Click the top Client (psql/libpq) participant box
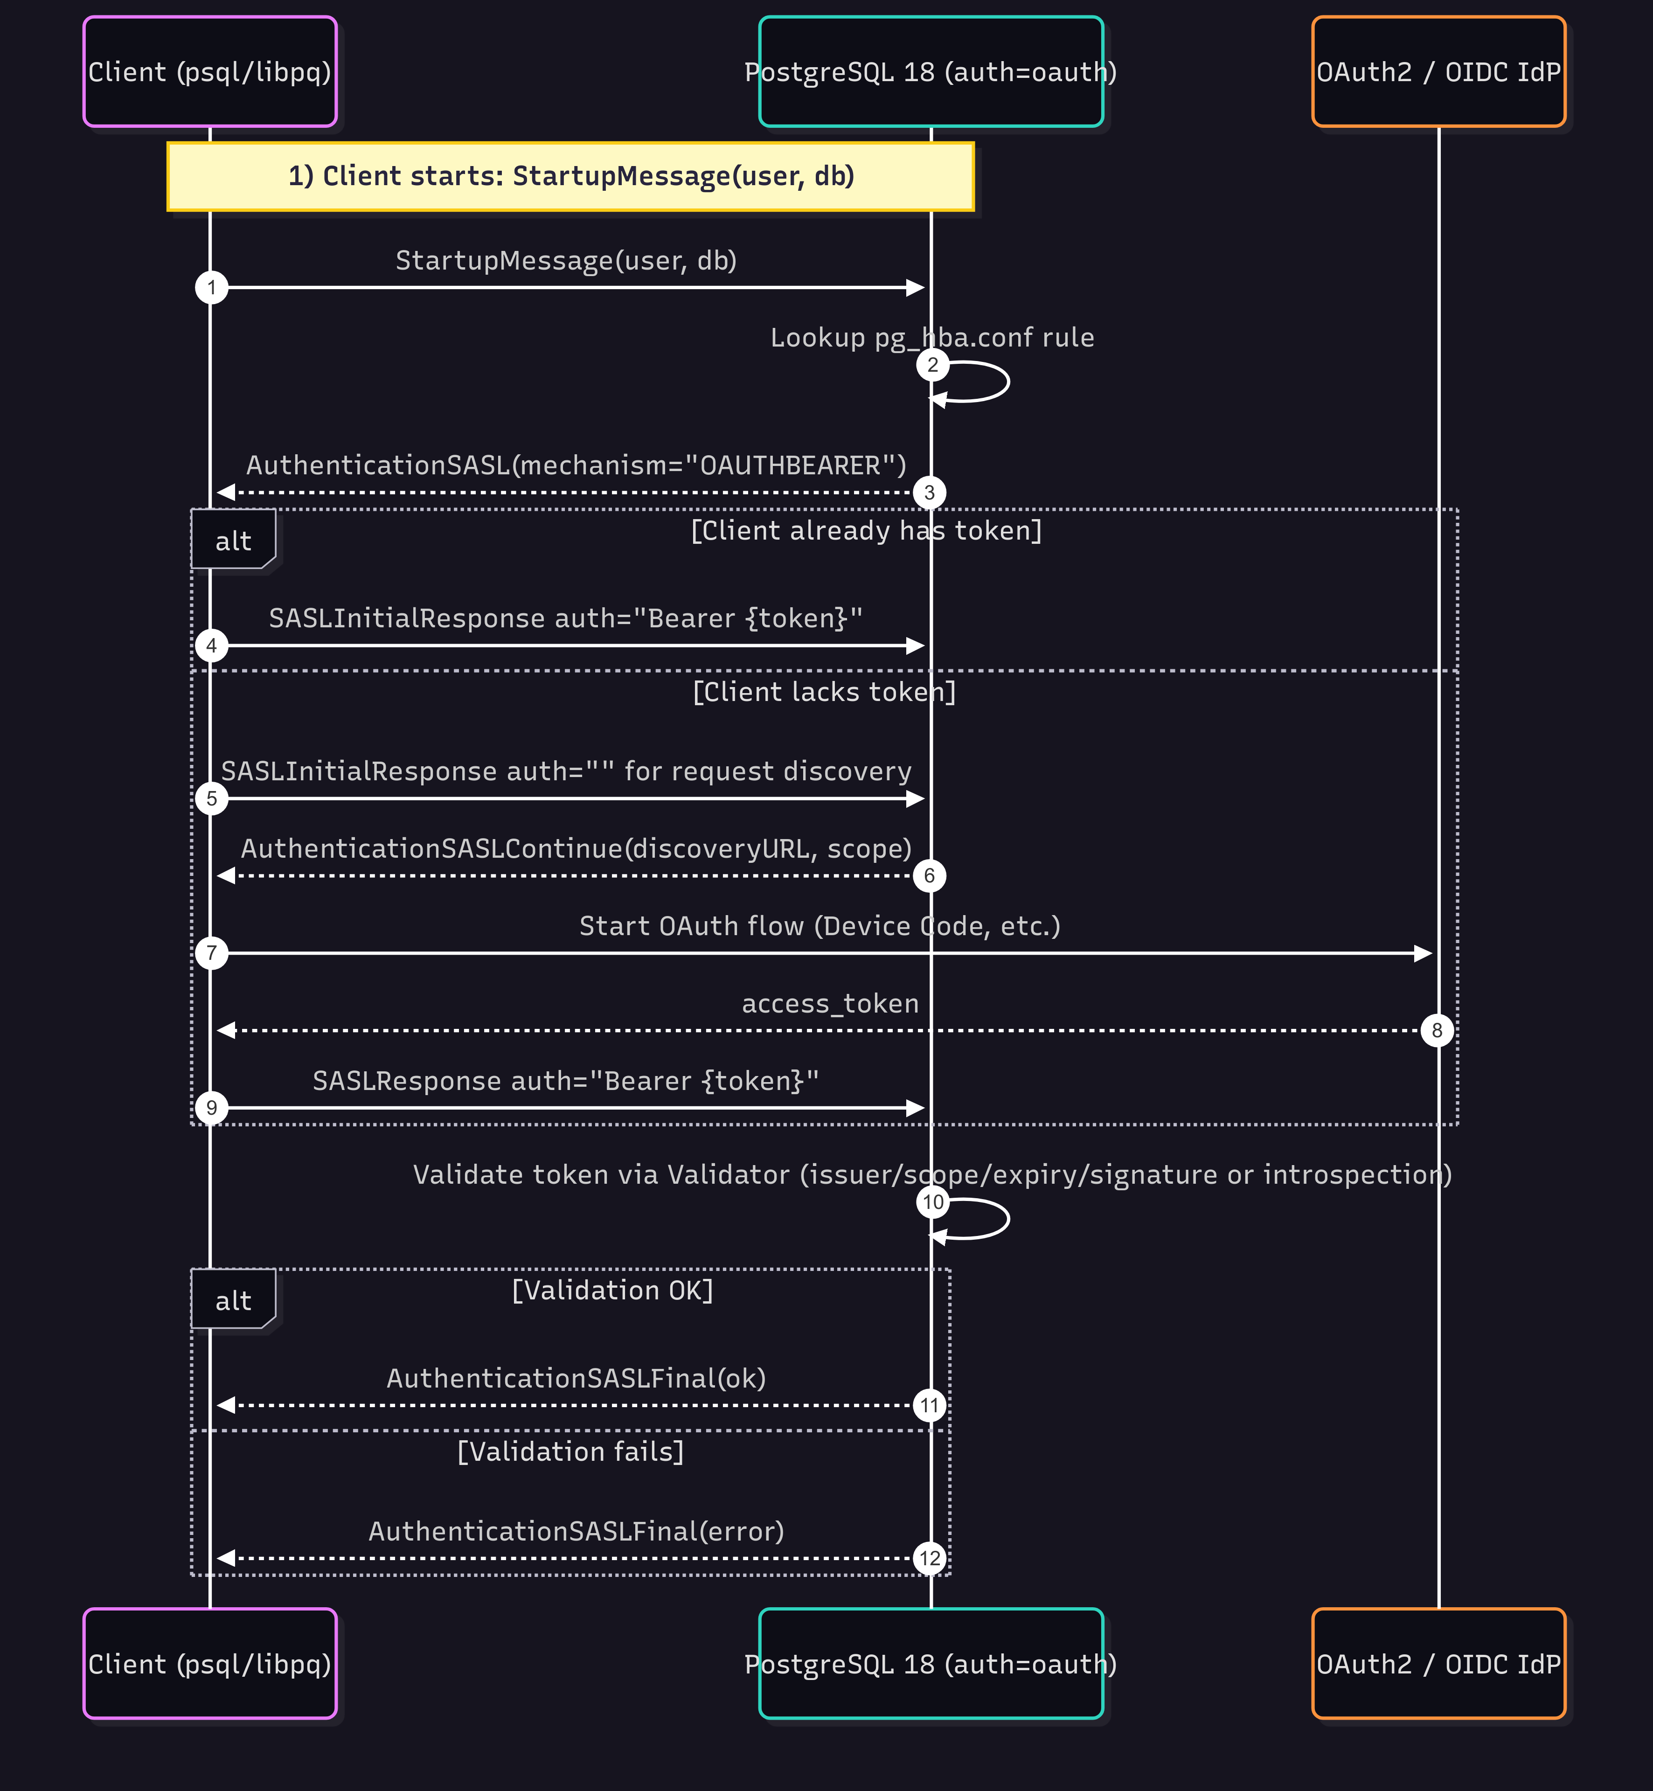(209, 71)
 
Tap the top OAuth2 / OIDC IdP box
(1438, 71)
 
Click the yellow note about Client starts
(571, 176)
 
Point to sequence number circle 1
(211, 287)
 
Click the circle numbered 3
(930, 492)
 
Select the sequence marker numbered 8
(1437, 1030)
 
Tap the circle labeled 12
(930, 1558)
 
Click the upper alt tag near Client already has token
(233, 541)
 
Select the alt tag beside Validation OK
(233, 1300)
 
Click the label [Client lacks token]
(824, 692)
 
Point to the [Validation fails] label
(571, 1451)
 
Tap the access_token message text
(830, 1004)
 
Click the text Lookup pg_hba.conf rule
(932, 337)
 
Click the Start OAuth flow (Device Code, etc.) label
(820, 926)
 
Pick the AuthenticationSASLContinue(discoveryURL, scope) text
(576, 848)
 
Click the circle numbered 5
(211, 798)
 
